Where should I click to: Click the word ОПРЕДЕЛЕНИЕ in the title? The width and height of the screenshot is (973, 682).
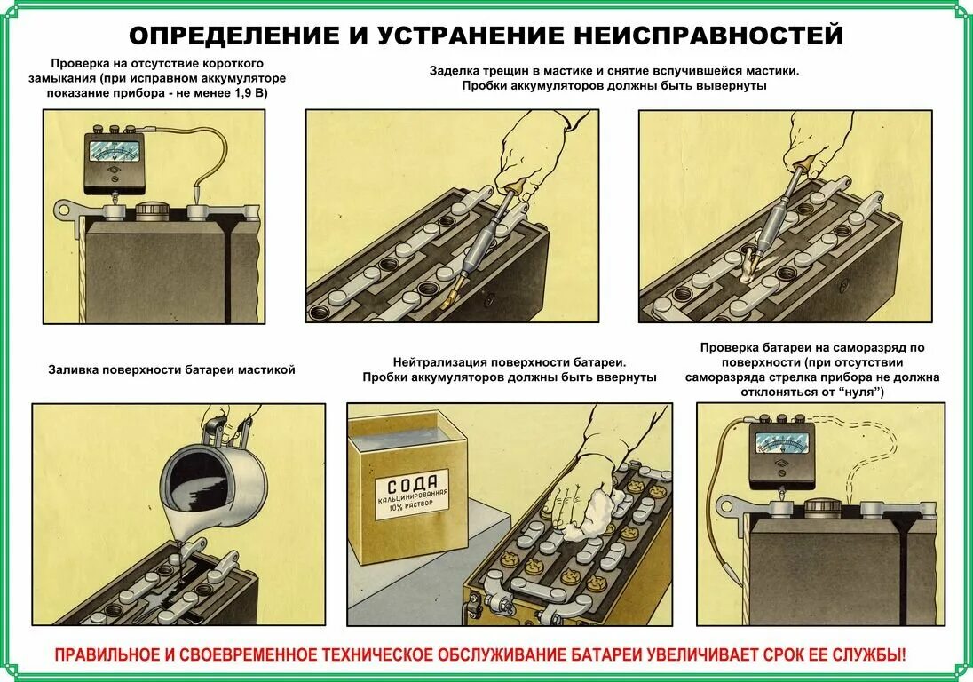[232, 36]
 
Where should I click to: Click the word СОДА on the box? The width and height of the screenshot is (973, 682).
[412, 487]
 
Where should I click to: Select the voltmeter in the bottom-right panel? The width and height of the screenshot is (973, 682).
[781, 454]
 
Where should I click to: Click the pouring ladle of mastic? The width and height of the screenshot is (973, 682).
[218, 480]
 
